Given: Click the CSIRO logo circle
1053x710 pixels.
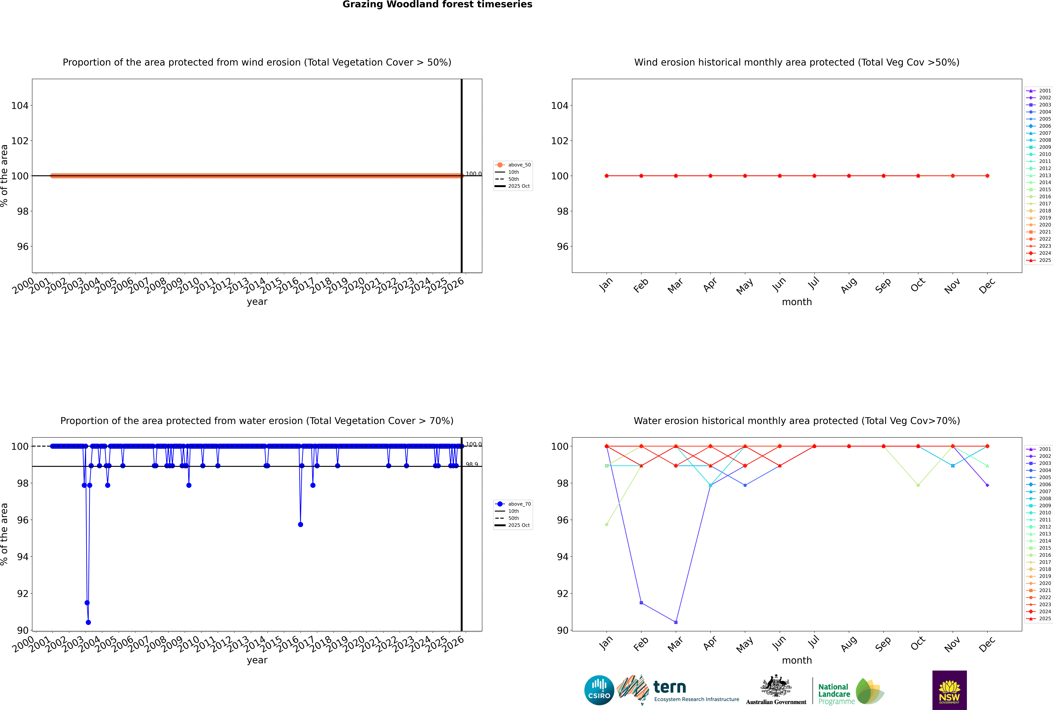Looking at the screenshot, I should [x=599, y=690].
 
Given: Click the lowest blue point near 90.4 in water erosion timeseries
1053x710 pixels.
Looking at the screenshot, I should [x=88, y=622].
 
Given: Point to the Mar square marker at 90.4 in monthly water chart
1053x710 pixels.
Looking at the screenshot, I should [x=676, y=622].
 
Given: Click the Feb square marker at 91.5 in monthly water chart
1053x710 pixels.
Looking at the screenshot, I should [x=641, y=603].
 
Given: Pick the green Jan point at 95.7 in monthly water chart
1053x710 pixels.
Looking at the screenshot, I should [x=607, y=524].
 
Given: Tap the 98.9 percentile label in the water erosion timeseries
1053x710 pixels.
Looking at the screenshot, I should [x=472, y=465].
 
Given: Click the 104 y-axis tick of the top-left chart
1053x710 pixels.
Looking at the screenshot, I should [x=19, y=106].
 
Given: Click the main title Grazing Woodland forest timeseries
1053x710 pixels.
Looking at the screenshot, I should [x=437, y=4].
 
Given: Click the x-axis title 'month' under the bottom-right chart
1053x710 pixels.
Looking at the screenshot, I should [x=797, y=660].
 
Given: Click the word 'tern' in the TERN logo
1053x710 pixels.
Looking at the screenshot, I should [x=670, y=687].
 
